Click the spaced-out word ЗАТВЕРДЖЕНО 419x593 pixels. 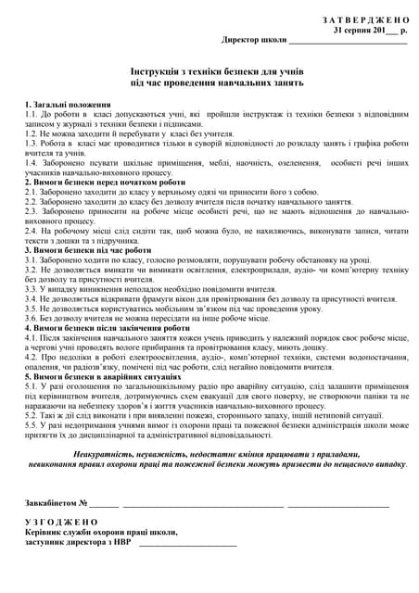tap(365, 19)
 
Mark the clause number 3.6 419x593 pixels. tap(31, 317)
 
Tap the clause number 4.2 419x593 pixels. tap(31, 356)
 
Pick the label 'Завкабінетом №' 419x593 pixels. tap(56, 503)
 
